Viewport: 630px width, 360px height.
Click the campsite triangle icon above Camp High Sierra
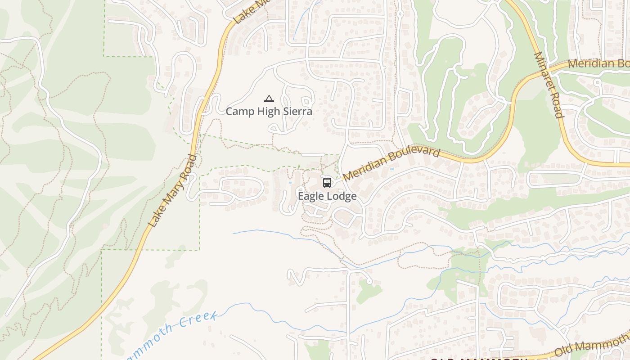coord(269,99)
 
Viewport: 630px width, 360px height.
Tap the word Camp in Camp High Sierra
coord(239,111)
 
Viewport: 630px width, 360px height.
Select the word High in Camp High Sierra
coord(269,111)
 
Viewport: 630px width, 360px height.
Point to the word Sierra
coord(297,111)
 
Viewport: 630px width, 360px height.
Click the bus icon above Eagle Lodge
coord(327,183)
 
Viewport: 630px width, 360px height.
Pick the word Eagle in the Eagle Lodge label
coord(311,196)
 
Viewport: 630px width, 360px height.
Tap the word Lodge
coord(342,196)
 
